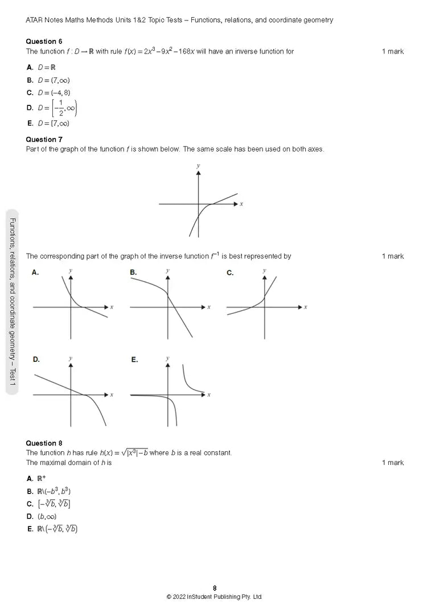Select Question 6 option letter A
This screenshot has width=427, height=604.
[x=30, y=67]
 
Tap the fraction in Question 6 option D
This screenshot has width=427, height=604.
[x=60, y=108]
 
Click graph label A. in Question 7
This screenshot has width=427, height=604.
[x=35, y=273]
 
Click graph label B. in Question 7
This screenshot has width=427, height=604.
[x=133, y=273]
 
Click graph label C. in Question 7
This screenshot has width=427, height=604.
[x=230, y=273]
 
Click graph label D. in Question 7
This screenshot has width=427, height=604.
[x=36, y=360]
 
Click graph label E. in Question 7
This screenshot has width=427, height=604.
[x=134, y=360]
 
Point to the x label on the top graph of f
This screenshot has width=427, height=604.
[x=241, y=204]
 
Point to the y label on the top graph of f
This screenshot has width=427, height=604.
[x=198, y=166]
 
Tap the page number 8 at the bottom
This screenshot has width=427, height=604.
[x=215, y=588]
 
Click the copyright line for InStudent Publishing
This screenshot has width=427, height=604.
[x=214, y=597]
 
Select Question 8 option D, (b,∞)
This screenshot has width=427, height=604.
[x=47, y=516]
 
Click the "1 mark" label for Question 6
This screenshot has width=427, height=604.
[x=393, y=51]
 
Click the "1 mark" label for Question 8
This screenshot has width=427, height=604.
[x=393, y=463]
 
